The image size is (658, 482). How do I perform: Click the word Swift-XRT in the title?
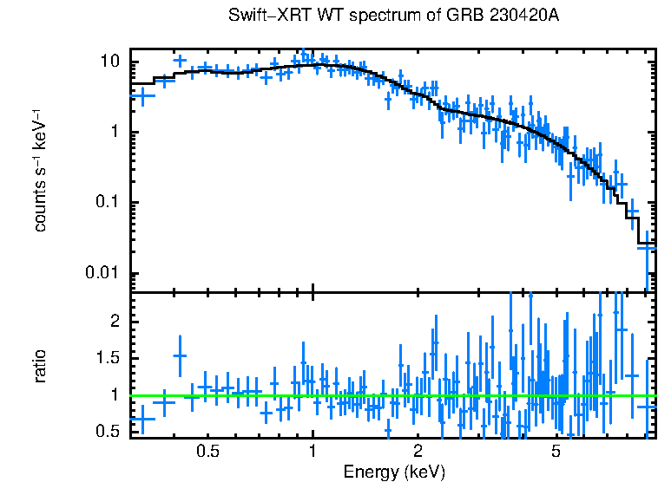[260, 16]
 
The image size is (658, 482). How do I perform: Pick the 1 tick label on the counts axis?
[114, 133]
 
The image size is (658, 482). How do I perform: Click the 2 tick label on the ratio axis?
[114, 322]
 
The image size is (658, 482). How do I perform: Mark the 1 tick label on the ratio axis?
[114, 395]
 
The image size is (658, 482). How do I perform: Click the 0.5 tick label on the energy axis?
[207, 452]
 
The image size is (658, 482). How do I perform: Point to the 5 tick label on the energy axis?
[556, 452]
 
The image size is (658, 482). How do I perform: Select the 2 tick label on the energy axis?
[418, 452]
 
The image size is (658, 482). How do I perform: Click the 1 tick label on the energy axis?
[313, 452]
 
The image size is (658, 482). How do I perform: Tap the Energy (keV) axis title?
[394, 472]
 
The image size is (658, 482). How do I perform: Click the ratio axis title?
[41, 366]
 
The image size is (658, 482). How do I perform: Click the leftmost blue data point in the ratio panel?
[141, 419]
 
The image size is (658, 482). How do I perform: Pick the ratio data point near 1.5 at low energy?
[180, 355]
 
